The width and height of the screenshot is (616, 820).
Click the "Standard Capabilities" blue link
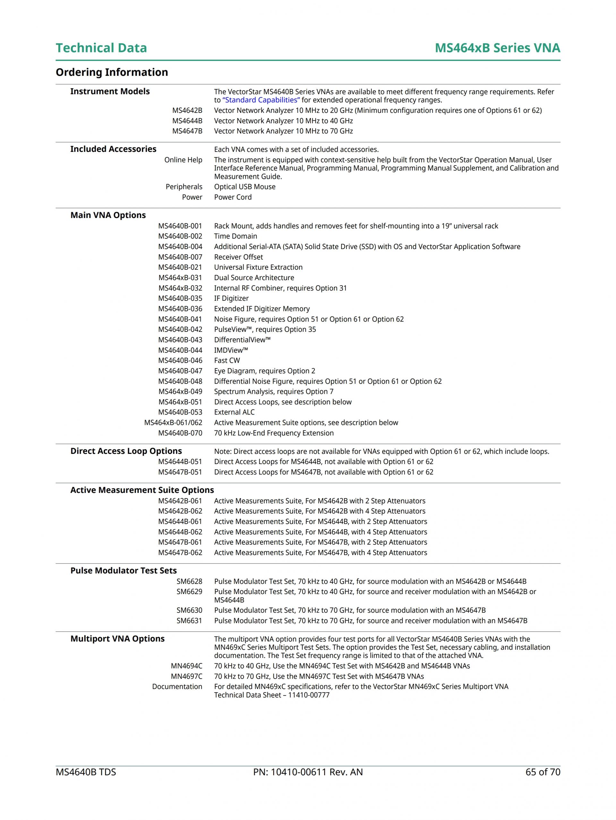tap(261, 100)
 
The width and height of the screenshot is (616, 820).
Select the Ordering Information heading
tap(112, 72)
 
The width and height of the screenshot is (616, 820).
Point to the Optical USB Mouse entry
tap(244, 187)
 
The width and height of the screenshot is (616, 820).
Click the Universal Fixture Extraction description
tap(258, 267)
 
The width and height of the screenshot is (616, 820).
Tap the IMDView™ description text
tap(231, 350)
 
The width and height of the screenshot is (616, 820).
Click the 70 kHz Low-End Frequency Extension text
tap(274, 433)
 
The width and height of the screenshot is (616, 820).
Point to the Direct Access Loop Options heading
tap(126, 451)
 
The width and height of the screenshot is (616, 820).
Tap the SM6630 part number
tap(189, 610)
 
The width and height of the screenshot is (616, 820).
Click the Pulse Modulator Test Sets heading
tap(124, 571)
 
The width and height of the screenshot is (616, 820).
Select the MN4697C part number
tap(186, 676)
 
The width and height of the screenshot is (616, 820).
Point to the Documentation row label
tap(177, 686)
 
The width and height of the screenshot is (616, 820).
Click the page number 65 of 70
tap(543, 772)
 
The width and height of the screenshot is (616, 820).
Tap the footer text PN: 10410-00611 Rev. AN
tap(308, 772)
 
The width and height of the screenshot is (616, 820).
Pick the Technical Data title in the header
tap(101, 48)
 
